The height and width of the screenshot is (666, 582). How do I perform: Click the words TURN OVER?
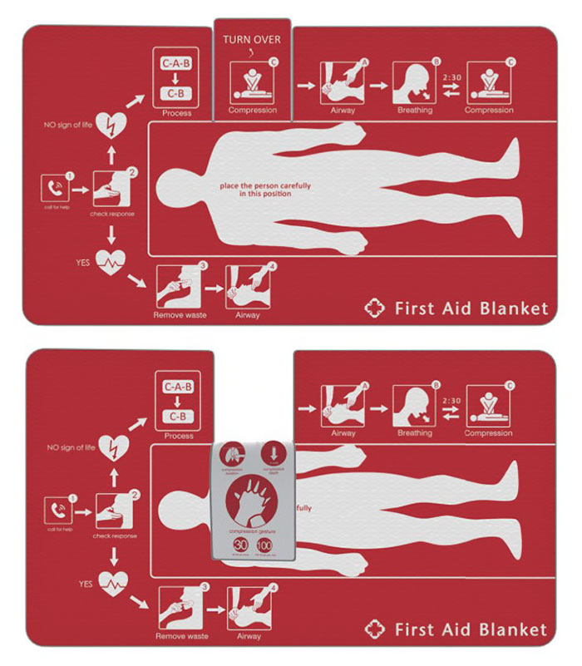252,39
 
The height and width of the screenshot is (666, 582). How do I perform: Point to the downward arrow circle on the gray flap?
273,455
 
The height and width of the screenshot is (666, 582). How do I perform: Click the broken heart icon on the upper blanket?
111,126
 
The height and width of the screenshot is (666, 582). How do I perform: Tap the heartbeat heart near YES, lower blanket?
111,585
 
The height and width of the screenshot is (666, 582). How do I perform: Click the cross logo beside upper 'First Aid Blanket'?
376,308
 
